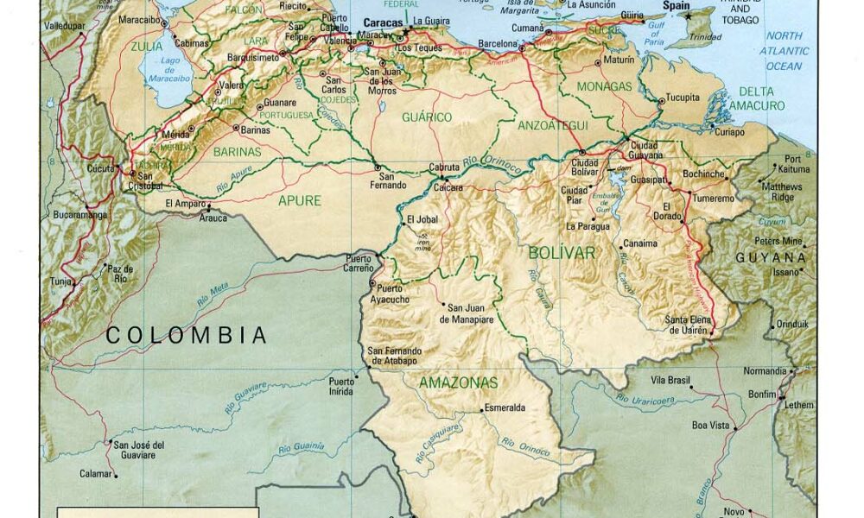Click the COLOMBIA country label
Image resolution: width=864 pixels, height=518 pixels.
(186, 335)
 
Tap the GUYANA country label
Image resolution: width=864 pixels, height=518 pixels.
(771, 258)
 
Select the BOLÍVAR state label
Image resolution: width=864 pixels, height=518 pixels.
(562, 253)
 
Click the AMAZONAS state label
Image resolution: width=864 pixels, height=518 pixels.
(458, 382)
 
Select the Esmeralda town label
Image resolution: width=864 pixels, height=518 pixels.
(505, 407)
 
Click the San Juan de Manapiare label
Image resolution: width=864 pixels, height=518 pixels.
(470, 313)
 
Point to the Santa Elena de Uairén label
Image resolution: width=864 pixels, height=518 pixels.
(688, 325)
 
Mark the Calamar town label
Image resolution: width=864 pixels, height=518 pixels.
(95, 473)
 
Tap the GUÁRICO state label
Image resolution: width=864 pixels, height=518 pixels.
(428, 117)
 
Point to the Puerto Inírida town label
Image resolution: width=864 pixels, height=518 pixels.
(340, 386)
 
